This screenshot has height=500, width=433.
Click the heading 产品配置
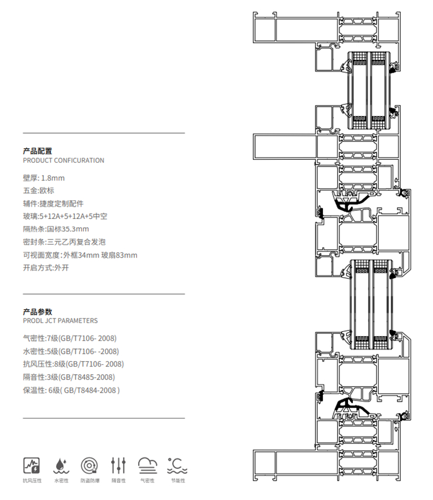tap(37, 150)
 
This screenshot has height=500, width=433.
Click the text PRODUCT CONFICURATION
tap(63, 160)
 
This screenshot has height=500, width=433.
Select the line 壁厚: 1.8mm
tap(44, 177)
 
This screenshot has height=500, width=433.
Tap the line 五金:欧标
tap(39, 190)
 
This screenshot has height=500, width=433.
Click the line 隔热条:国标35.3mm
tap(56, 229)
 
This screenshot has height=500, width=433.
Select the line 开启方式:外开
tap(46, 268)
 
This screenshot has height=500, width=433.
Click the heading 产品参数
tap(37, 311)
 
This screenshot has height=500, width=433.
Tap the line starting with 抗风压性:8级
tap(73, 364)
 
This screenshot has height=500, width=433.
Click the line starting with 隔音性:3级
tap(68, 376)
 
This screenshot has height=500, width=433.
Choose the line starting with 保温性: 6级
tap(71, 390)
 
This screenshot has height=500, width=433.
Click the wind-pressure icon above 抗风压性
tap(31, 465)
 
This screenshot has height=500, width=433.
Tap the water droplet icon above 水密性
tap(60, 465)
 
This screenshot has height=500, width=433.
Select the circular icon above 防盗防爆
tap(90, 465)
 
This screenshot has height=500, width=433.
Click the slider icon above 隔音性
tap(119, 465)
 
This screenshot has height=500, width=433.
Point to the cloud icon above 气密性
tap(147, 465)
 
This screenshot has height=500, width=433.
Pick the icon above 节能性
tap(177, 465)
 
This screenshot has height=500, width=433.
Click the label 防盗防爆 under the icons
tap(90, 481)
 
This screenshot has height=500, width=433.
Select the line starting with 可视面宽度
tap(80, 255)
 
